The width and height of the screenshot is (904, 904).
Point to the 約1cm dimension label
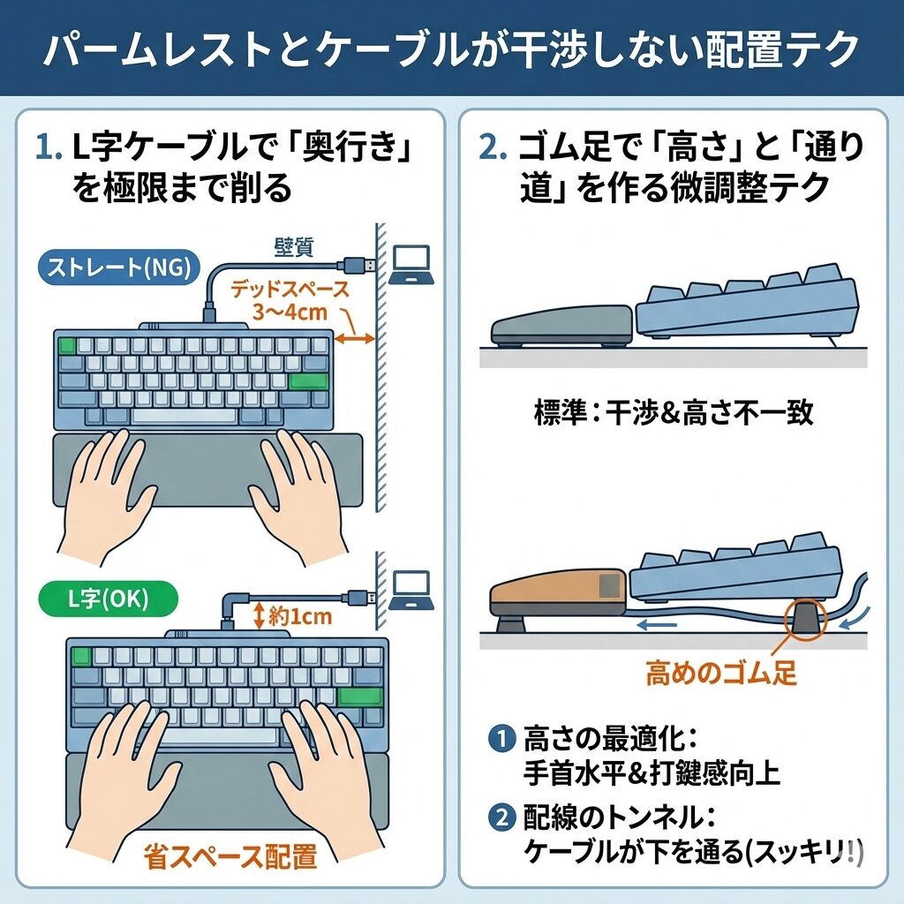tap(298, 616)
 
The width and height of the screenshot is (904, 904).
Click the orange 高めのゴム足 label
tap(721, 674)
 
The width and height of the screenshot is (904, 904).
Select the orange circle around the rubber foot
tap(802, 618)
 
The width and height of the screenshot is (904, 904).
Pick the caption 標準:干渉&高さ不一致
tap(674, 412)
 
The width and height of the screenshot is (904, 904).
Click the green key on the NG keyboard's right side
tap(308, 382)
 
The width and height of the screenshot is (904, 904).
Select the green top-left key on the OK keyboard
tap(81, 656)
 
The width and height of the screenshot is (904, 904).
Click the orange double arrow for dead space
tap(355, 338)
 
